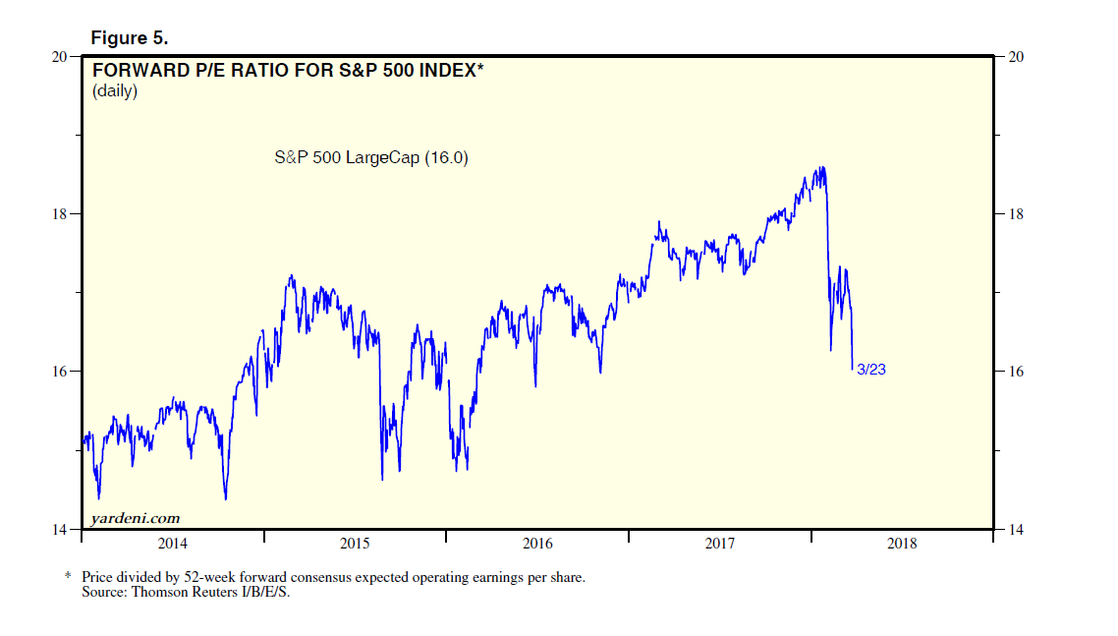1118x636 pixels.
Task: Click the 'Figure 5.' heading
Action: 130,38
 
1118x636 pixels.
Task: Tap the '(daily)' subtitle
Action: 115,91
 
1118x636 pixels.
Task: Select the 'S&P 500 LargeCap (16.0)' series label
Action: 370,156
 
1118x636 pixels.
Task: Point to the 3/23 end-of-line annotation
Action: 872,370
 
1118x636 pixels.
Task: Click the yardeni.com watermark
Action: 135,518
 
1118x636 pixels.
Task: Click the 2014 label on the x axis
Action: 172,544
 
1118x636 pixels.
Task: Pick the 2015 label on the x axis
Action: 355,544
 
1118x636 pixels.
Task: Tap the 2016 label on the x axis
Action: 537,544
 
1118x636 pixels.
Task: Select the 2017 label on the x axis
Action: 720,544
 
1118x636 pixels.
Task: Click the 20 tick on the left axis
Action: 60,57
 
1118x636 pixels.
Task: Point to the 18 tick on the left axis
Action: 60,214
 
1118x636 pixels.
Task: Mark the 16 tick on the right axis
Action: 1016,372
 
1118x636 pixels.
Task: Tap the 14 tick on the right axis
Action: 1016,530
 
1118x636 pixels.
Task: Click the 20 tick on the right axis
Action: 1016,57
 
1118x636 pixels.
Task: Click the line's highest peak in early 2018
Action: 821,167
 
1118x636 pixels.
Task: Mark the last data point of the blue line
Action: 852,369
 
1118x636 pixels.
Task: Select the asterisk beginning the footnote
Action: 70,576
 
